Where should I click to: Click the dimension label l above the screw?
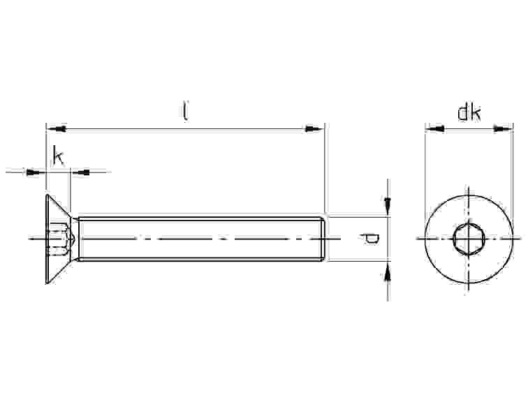pyautogui.click(x=185, y=110)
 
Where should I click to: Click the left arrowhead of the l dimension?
pyautogui.click(x=57, y=128)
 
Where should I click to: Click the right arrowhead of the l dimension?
pyautogui.click(x=314, y=128)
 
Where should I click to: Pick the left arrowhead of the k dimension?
pyautogui.click(x=35, y=172)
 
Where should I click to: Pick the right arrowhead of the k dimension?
pyautogui.click(x=81, y=172)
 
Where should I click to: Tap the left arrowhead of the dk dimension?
pyautogui.click(x=435, y=128)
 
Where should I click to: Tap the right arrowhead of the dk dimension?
pyautogui.click(x=503, y=128)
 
